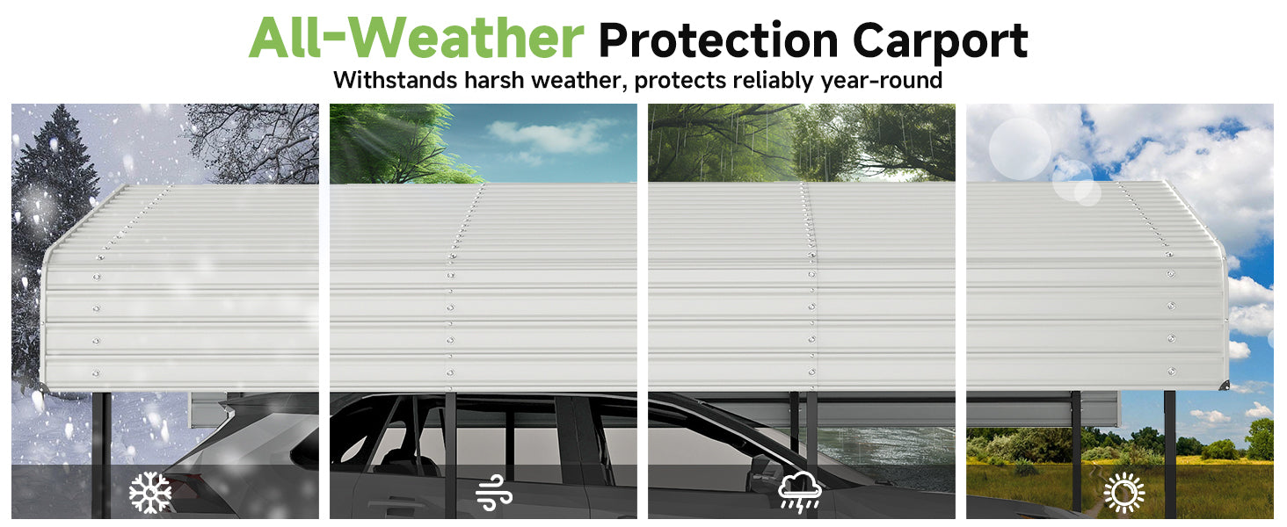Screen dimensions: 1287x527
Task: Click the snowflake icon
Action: coord(150,493)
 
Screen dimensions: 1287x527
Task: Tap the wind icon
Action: coord(493,493)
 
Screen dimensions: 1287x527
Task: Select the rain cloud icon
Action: coord(799,492)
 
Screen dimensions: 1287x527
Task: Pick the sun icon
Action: coord(1123,493)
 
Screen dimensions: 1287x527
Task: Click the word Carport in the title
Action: coord(940,41)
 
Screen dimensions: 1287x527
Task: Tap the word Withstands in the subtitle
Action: coord(396,80)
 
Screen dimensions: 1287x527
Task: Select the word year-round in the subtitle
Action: coord(882,81)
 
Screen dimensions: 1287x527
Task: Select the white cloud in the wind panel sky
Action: coord(549,138)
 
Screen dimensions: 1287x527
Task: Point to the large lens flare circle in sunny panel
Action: coord(1020,148)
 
